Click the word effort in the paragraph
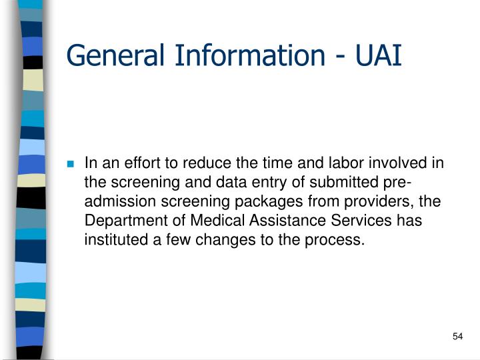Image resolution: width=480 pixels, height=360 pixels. pyautogui.click(x=135, y=163)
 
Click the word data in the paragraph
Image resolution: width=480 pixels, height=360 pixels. pyautogui.click(x=215, y=183)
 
